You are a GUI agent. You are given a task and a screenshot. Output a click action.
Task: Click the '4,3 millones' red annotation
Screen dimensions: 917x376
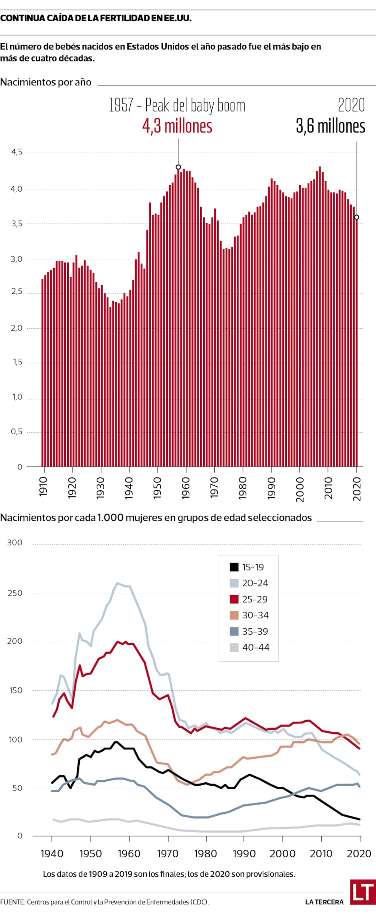177,126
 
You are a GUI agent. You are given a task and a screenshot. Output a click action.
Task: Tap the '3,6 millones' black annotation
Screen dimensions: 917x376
330,126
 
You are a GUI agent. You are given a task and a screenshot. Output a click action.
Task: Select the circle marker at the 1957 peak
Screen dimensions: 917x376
178,167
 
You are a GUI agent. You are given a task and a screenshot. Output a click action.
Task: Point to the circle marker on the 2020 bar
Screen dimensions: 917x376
357,217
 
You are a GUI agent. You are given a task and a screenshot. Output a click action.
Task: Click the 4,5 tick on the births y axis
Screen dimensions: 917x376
17,152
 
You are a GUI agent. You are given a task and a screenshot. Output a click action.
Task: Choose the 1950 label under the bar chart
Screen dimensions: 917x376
157,488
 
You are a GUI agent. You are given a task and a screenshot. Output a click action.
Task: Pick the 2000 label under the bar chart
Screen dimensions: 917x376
300,490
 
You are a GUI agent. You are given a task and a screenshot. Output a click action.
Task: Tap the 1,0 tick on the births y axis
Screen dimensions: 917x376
17,397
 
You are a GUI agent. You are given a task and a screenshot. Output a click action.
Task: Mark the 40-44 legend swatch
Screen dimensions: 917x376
234,648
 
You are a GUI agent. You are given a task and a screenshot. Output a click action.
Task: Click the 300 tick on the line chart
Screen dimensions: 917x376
15,543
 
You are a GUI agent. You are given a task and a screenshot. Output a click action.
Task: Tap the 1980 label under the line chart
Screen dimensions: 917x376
205,854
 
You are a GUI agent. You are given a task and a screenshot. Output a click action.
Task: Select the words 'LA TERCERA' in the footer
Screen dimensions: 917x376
324,902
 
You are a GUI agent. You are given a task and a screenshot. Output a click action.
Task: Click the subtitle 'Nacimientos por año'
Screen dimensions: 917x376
46,82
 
